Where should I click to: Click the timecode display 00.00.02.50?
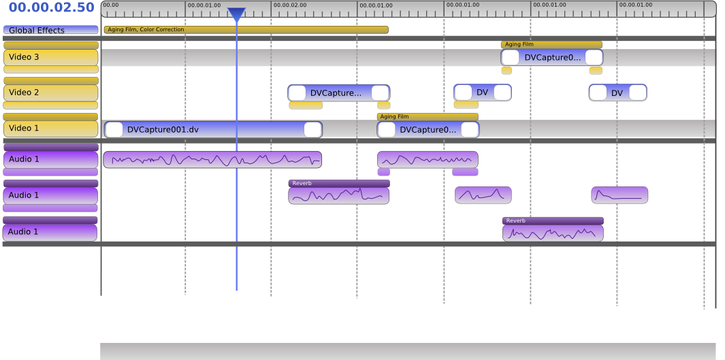click(51, 8)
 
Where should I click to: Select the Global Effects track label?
click(50, 30)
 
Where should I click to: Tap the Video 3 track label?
click(50, 57)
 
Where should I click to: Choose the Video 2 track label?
click(50, 93)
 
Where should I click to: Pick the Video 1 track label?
click(50, 129)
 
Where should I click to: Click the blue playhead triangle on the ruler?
click(236, 14)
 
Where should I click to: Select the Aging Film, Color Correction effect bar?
click(246, 30)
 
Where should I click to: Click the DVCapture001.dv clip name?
click(163, 129)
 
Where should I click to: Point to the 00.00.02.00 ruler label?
click(290, 5)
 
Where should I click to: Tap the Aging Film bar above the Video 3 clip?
click(551, 44)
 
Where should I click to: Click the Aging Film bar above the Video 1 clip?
click(428, 116)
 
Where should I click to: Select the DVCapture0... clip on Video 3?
click(552, 57)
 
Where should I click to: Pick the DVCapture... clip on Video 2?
click(336, 93)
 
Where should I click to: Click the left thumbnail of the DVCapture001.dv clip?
click(114, 129)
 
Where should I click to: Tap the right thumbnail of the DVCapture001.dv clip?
click(312, 129)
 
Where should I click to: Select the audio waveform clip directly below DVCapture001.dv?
click(212, 160)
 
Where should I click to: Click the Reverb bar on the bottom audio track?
click(553, 220)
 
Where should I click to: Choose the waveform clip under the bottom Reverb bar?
click(553, 233)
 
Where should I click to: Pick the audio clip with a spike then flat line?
click(619, 195)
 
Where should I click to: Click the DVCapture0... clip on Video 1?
click(428, 129)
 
